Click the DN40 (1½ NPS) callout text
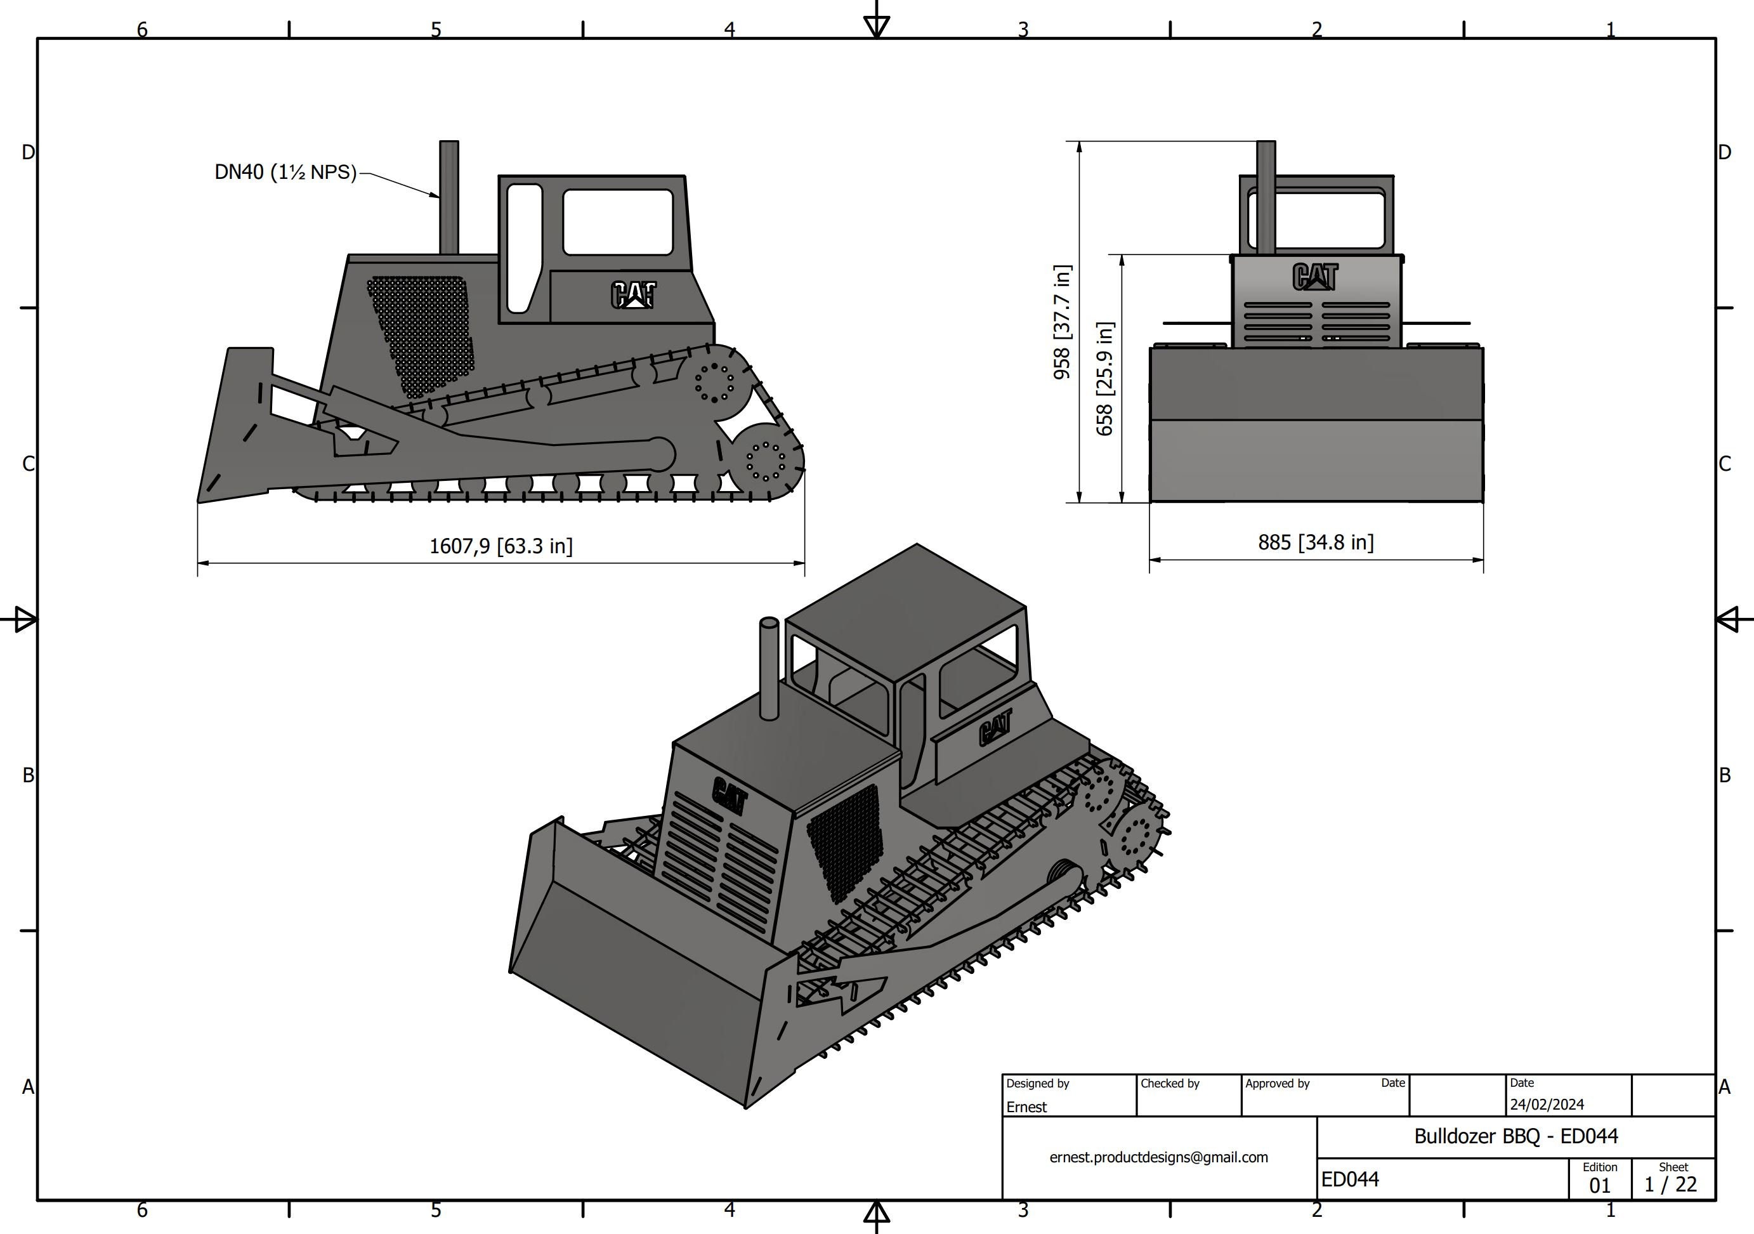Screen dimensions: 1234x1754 pyautogui.click(x=285, y=172)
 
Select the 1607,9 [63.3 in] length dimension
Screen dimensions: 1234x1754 pyautogui.click(x=501, y=546)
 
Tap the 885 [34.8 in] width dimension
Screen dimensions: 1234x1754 pyautogui.click(x=1315, y=542)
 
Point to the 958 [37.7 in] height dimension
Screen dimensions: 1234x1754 pyautogui.click(x=1062, y=322)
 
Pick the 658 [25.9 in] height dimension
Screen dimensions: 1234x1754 pyautogui.click(x=1104, y=378)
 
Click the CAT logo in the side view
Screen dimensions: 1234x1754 pyautogui.click(x=633, y=294)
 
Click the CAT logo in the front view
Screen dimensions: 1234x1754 pyautogui.click(x=1315, y=277)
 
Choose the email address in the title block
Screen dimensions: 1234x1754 pyautogui.click(x=1158, y=1157)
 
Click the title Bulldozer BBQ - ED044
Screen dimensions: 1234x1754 pyautogui.click(x=1515, y=1136)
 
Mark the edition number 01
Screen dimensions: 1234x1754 pyautogui.click(x=1599, y=1185)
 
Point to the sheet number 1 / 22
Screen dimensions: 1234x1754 pyautogui.click(x=1670, y=1185)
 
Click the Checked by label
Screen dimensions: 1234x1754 pyautogui.click(x=1170, y=1084)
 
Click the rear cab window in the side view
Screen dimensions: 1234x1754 pyautogui.click(x=617, y=222)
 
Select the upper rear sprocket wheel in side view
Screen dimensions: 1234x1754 pyautogui.click(x=714, y=381)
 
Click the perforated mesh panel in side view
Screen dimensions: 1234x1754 pyautogui.click(x=422, y=336)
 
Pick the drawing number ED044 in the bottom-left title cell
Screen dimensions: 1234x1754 pyautogui.click(x=1350, y=1179)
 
